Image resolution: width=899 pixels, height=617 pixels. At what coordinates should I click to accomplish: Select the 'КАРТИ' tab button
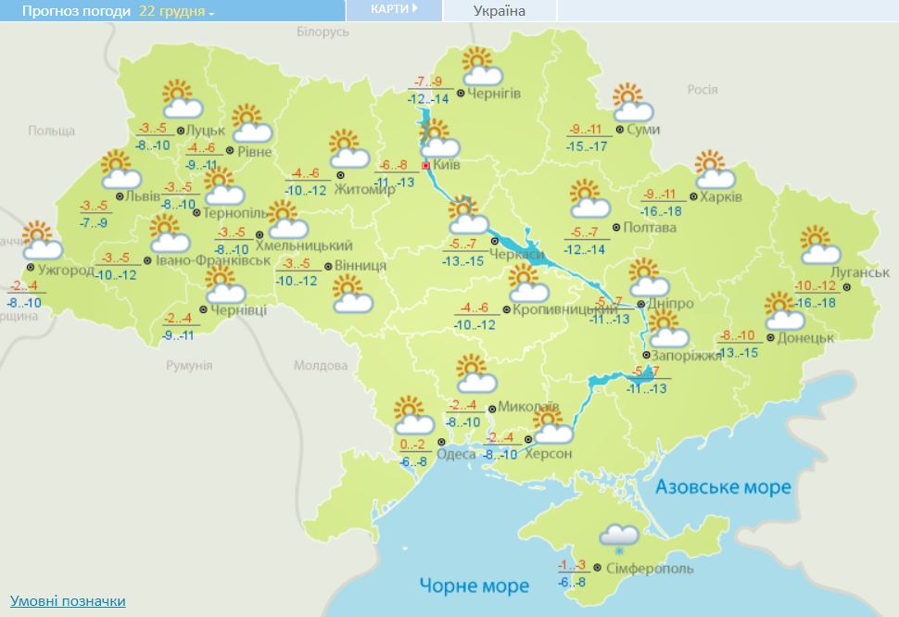(393, 9)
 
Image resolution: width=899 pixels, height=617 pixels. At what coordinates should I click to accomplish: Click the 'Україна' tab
(499, 11)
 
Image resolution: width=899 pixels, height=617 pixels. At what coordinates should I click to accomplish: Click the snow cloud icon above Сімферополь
(618, 536)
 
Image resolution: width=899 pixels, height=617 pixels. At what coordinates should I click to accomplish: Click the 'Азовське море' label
(723, 487)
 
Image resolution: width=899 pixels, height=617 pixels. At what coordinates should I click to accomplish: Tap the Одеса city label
(456, 453)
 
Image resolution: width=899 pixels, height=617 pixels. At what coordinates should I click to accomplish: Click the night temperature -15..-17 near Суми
(588, 146)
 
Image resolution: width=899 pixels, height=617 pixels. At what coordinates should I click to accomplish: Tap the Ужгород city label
(66, 271)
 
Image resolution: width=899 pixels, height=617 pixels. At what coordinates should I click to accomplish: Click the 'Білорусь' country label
(323, 31)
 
